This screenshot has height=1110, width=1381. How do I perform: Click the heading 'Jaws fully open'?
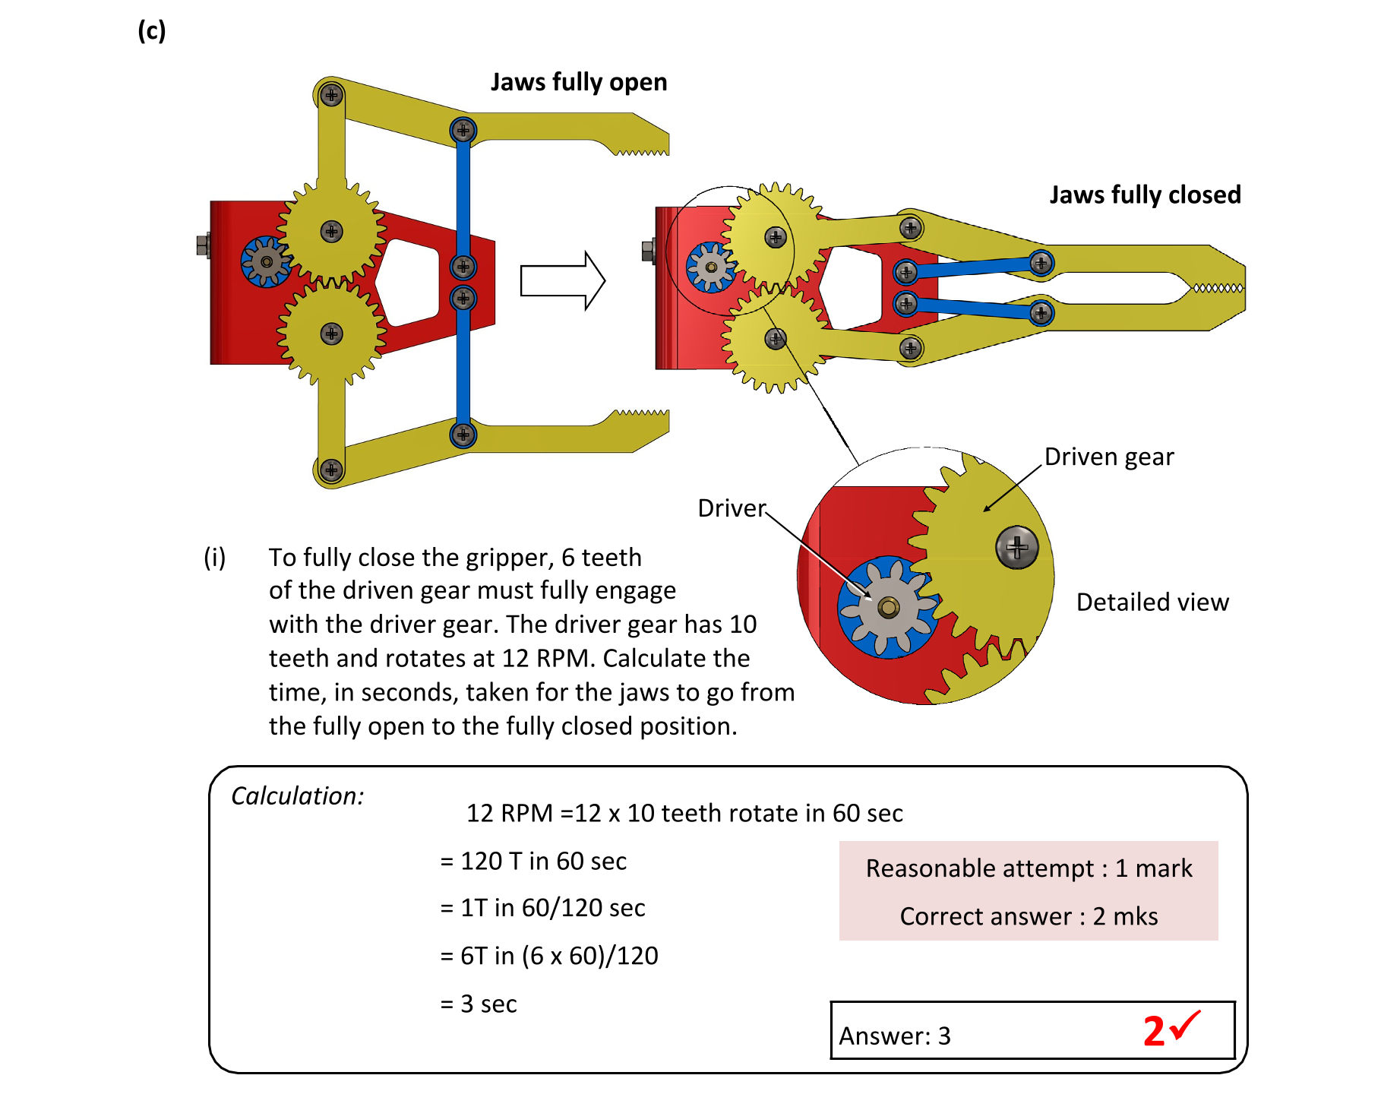tap(578, 82)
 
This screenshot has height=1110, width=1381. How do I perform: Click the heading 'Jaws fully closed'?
tap(1144, 194)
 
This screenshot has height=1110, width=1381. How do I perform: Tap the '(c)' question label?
tap(151, 31)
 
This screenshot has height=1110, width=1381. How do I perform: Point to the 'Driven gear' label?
tap(1108, 457)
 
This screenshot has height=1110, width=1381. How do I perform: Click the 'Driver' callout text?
tap(731, 508)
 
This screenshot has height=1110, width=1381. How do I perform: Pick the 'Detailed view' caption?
tap(1152, 602)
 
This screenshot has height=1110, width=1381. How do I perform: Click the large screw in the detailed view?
tap(1016, 547)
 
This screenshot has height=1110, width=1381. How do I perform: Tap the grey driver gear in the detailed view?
tap(888, 607)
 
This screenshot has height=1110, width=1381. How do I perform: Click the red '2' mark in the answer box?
tap(1153, 1032)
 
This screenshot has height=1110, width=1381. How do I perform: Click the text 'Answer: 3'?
tap(894, 1036)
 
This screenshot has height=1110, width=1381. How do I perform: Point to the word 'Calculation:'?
tap(297, 795)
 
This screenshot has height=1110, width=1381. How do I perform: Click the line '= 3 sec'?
tap(479, 1004)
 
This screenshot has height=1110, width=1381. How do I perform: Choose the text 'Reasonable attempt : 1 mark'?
tap(1029, 868)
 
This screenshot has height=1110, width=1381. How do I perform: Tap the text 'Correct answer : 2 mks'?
tap(1029, 916)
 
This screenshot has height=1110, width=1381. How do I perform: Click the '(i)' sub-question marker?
tap(214, 557)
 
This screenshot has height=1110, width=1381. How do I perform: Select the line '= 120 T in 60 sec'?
tap(533, 861)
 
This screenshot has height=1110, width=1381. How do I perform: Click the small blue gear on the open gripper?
tap(266, 262)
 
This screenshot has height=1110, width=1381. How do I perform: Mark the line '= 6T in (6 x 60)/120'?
tap(548, 955)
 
